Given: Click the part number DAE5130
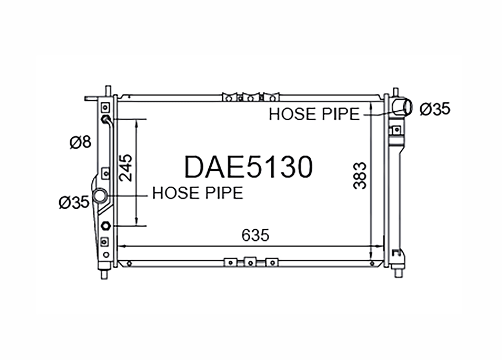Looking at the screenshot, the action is click(248, 167).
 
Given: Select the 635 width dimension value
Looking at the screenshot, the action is click(255, 235).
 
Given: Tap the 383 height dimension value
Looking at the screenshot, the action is click(360, 175).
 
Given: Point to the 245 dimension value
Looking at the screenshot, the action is click(125, 167).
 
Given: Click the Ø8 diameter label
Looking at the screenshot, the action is click(80, 142).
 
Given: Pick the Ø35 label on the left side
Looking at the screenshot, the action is click(74, 202).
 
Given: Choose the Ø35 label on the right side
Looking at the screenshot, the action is click(435, 109).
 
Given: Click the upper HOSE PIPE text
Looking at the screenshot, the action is click(314, 114).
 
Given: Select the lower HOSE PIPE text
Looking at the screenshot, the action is click(198, 193).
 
